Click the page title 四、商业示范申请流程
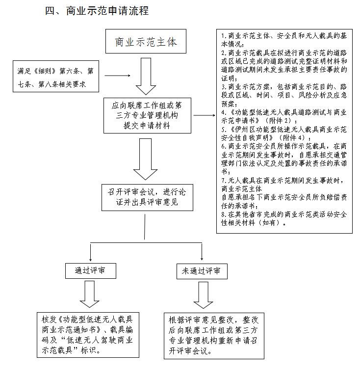point(97,11)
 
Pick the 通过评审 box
point(91,271)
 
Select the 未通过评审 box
point(201,271)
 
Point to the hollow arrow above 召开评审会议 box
point(145,159)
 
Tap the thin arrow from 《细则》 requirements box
point(117,77)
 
